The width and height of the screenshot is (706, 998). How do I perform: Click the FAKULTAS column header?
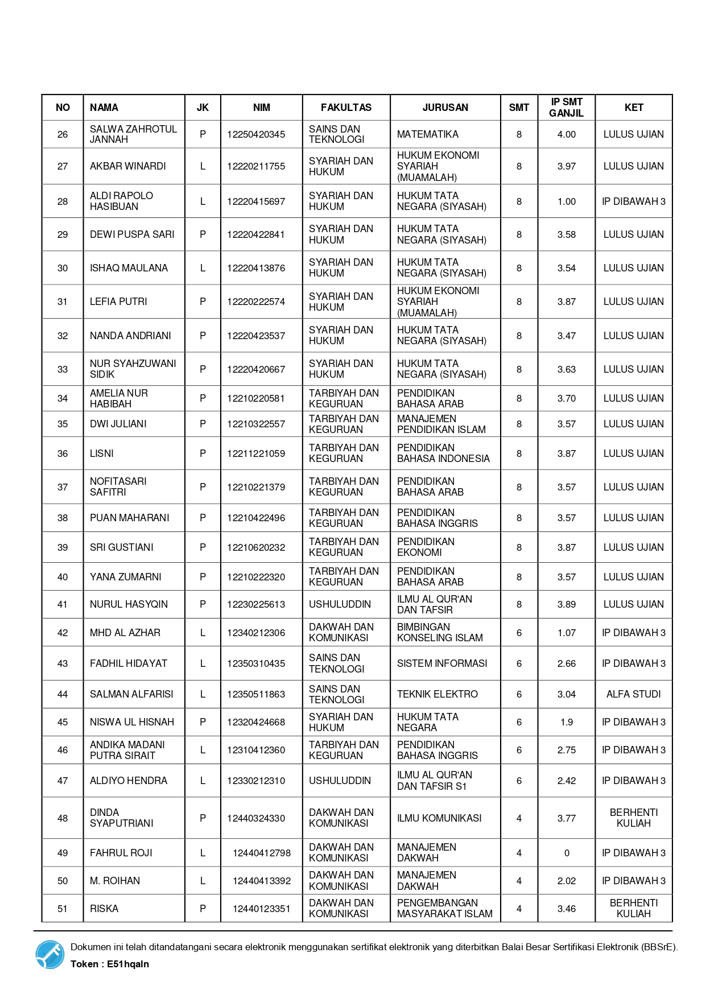coord(346,108)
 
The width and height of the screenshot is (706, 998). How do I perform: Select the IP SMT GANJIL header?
coord(566,108)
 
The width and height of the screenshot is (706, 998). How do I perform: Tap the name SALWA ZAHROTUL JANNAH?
coord(133,134)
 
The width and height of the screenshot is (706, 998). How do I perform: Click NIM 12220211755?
coord(256,166)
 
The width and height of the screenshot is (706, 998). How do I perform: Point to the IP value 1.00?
coord(566,201)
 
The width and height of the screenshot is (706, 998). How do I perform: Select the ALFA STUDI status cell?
coord(633,694)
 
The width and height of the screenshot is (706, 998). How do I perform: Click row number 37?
coord(63,487)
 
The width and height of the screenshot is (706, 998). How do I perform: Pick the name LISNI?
coord(102,453)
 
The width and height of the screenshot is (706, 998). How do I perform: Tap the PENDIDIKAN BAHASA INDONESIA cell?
coord(443,453)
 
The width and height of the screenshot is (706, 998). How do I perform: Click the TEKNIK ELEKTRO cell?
coord(437,694)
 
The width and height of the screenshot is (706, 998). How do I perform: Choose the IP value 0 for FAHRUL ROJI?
coord(566,853)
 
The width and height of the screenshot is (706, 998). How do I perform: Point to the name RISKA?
coord(104,909)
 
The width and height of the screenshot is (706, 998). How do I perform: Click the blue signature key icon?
coord(50,954)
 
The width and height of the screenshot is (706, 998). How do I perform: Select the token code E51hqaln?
coord(128,964)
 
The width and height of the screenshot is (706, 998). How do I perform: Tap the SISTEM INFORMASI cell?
coord(442,663)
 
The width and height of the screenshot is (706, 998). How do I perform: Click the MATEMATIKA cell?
coord(427,134)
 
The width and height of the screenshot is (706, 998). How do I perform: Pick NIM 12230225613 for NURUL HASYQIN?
coord(256,604)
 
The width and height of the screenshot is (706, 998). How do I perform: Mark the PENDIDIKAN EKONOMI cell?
coord(426,547)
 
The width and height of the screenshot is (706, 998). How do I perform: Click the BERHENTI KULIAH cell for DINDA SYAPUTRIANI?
coord(633,818)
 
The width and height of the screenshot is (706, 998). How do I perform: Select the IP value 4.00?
coord(566,134)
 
